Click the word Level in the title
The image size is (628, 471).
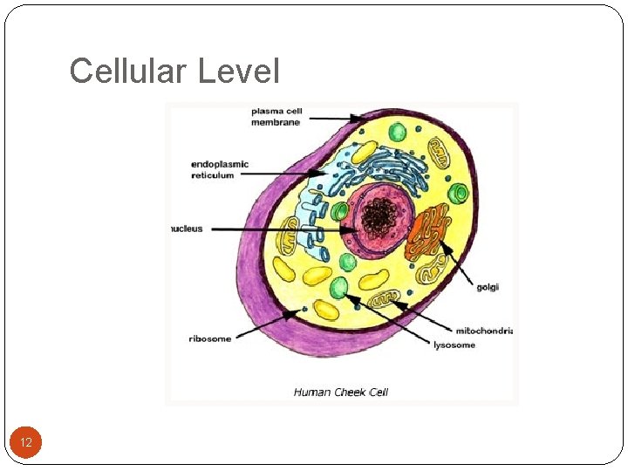click(x=239, y=71)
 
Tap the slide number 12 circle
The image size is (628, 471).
click(x=26, y=443)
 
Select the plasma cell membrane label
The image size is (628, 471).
click(x=276, y=117)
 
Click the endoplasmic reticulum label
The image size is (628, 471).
click(x=220, y=169)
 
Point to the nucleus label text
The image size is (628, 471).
click(x=186, y=229)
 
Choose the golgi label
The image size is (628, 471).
click(x=488, y=287)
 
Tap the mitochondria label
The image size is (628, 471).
click(x=483, y=331)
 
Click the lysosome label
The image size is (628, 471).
click(x=454, y=345)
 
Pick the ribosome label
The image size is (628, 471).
click(x=210, y=338)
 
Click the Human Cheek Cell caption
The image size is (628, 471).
click(x=340, y=392)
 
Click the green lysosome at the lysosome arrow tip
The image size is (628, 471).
click(x=338, y=288)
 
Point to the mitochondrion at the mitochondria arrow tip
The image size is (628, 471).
click(x=384, y=302)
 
